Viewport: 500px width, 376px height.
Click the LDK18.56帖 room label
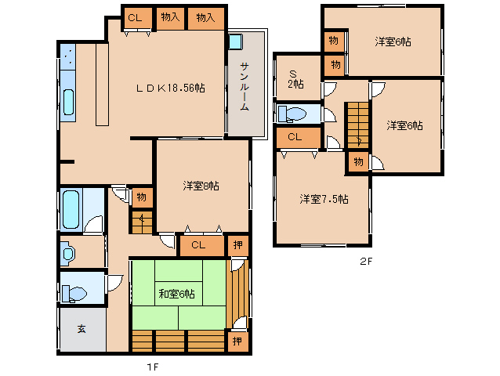click(171, 88)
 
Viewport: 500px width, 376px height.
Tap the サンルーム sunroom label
click(245, 86)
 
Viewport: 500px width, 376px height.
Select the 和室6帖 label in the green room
click(176, 294)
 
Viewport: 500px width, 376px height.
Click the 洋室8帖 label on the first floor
click(201, 186)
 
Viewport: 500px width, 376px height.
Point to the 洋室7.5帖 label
click(324, 199)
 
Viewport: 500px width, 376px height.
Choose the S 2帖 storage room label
click(295, 80)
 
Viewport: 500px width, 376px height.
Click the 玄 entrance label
click(82, 328)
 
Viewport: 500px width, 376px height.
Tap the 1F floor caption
click(152, 367)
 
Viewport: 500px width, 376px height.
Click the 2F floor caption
click(366, 262)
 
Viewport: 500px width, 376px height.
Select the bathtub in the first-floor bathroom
click(71, 209)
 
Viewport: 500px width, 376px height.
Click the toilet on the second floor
click(292, 114)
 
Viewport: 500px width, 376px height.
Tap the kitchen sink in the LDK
click(68, 102)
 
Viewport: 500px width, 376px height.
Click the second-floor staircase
click(358, 125)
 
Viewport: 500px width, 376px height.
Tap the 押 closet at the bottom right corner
click(237, 342)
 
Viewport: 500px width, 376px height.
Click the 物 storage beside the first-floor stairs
click(142, 197)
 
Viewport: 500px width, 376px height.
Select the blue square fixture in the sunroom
click(236, 42)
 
